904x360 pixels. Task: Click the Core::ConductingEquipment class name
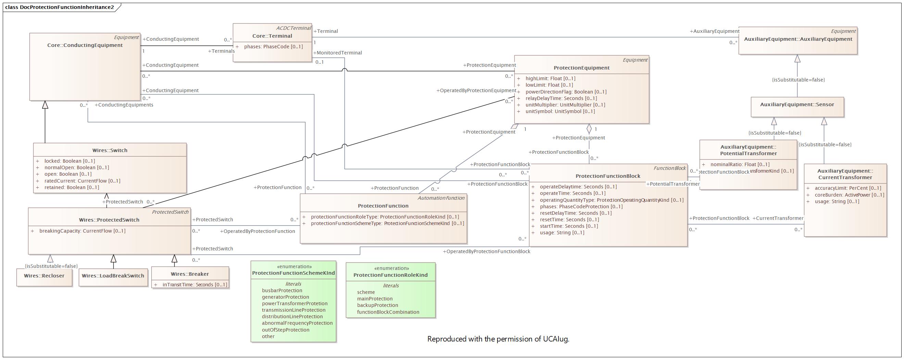click(x=85, y=45)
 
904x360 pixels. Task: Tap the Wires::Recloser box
click(x=44, y=276)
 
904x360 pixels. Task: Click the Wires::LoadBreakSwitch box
click(x=113, y=276)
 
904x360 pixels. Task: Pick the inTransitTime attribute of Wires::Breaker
click(x=194, y=285)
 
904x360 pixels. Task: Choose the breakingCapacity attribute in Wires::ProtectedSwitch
click(x=82, y=231)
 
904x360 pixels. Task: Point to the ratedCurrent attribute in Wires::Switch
click(x=82, y=181)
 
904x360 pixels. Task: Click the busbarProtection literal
click(x=282, y=290)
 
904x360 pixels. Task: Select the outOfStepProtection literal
click(x=285, y=330)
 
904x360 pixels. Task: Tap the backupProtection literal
click(x=377, y=305)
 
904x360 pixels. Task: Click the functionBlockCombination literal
click(x=388, y=312)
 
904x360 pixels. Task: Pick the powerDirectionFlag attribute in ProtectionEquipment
click(x=566, y=92)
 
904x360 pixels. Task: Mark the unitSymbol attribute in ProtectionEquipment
click(x=560, y=112)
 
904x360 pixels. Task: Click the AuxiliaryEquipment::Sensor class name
click(x=797, y=104)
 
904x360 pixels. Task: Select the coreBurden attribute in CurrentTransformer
click(x=849, y=195)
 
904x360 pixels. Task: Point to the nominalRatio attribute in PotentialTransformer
click(x=740, y=164)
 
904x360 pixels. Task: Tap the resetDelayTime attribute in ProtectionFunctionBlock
click(x=576, y=213)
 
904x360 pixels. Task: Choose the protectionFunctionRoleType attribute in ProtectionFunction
click(x=385, y=217)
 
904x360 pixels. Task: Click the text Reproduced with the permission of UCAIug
click(x=498, y=339)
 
